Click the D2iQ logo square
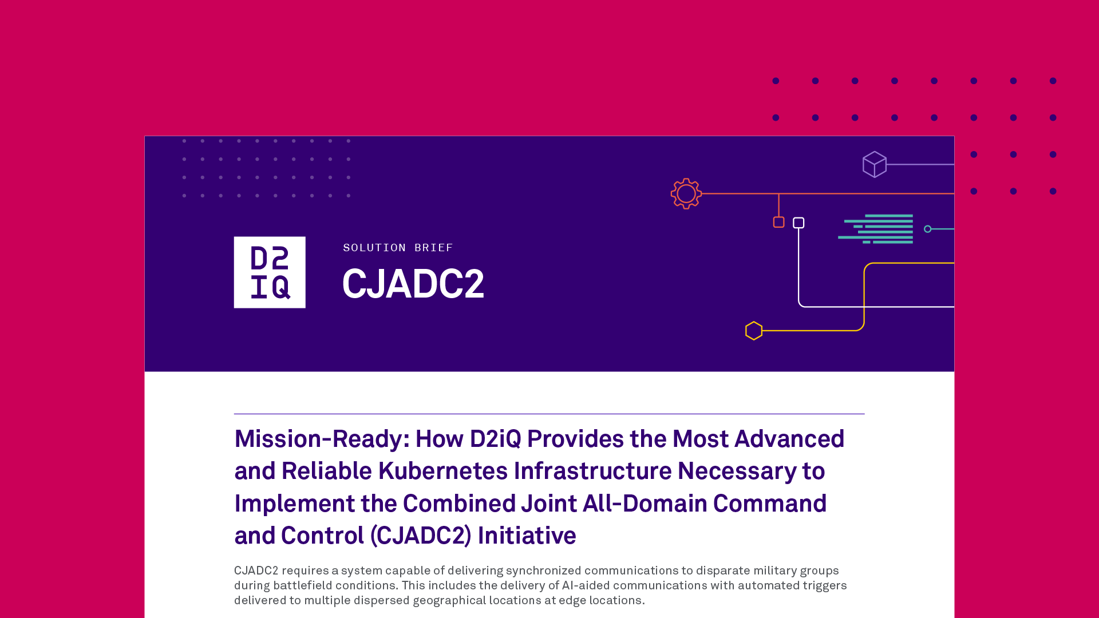270,272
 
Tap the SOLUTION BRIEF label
398,248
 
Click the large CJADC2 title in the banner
413,284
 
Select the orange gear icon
686,193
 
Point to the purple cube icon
875,164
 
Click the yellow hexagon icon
754,331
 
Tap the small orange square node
778,222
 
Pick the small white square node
798,223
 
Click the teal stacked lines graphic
876,229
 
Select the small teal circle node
928,229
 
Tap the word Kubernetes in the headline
443,471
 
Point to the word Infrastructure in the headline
592,471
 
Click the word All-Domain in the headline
645,504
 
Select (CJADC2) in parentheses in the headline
421,536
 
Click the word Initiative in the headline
527,536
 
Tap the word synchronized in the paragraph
543,571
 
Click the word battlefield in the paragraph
302,585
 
